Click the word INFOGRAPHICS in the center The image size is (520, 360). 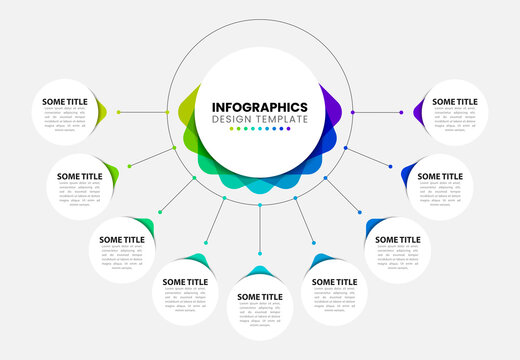260,107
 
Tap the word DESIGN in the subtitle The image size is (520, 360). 229,120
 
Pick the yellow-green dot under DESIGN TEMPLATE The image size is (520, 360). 230,130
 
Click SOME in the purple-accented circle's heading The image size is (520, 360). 441,101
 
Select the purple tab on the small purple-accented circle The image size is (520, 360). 421,106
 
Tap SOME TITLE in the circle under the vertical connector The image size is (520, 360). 260,297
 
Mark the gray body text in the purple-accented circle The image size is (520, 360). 454,121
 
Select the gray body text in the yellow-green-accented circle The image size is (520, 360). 66,121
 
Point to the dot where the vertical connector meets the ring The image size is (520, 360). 260,205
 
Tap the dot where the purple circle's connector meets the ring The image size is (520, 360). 353,112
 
